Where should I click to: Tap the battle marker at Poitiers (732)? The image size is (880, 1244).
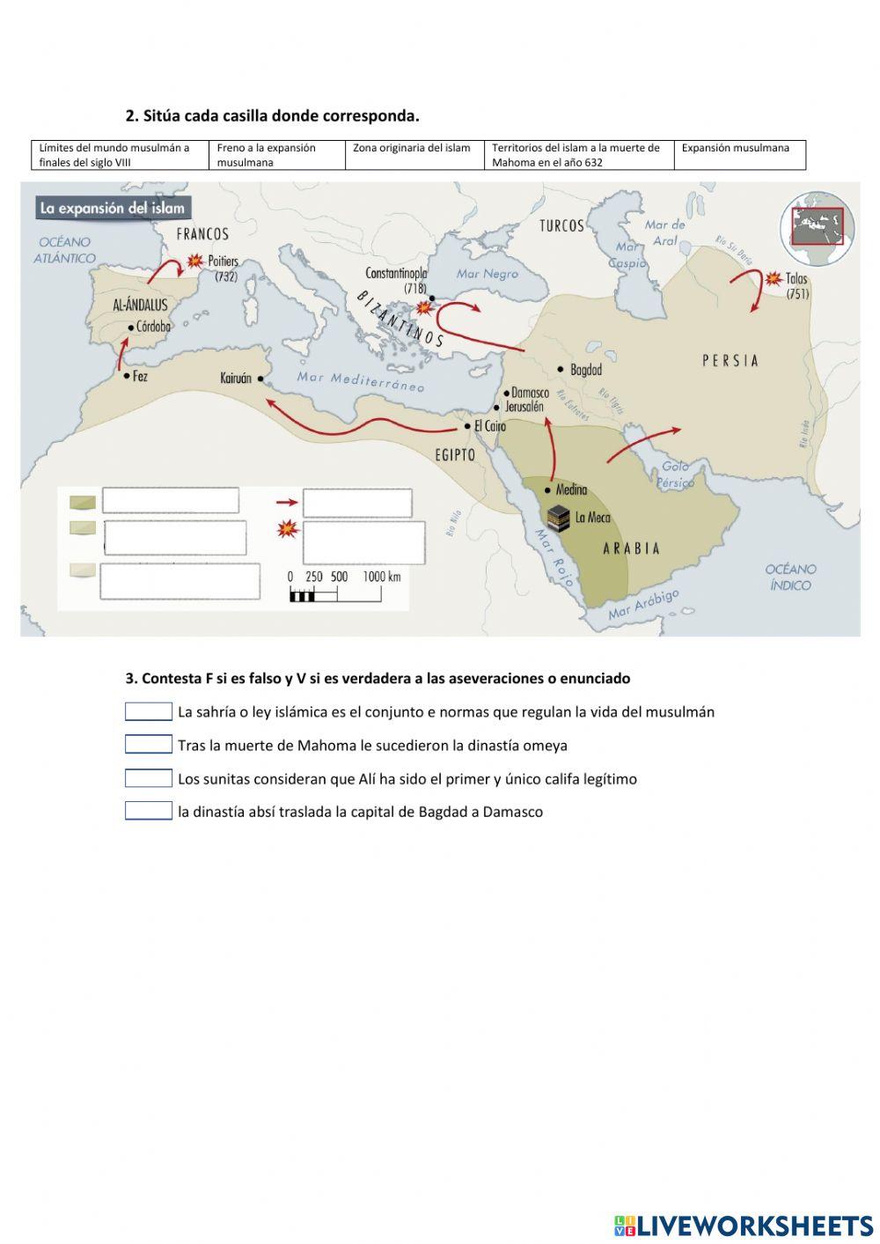(194, 261)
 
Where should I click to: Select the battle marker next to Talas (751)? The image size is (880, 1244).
(773, 278)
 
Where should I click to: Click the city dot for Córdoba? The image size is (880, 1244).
(131, 328)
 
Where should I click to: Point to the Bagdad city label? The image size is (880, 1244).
(585, 370)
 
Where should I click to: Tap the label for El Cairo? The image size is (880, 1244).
(490, 426)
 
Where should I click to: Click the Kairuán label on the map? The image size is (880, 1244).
(236, 379)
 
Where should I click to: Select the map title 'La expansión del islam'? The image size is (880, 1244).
(114, 209)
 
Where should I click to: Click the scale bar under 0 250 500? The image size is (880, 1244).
(335, 596)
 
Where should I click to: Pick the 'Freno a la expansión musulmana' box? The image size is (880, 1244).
(277, 155)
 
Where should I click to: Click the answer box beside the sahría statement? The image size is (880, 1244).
(148, 711)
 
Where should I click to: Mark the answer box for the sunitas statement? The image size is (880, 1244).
(148, 778)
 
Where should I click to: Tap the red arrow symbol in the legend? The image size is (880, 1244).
(287, 503)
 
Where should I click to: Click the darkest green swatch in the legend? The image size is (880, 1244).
(83, 503)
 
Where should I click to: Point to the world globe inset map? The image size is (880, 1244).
(818, 227)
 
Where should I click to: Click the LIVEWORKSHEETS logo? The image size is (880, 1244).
(744, 1226)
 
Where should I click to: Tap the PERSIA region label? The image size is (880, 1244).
(730, 360)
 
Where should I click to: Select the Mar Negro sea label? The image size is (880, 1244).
(488, 274)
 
